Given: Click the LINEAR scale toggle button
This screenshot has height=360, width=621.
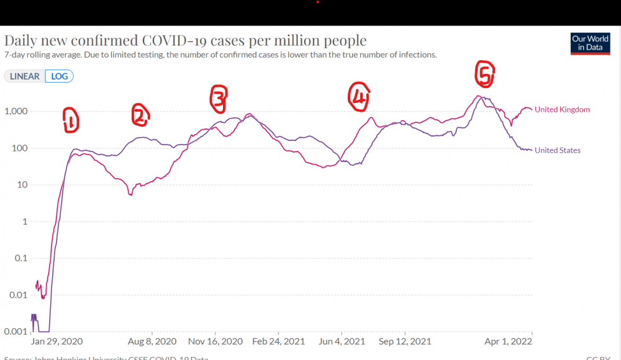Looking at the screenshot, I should [25, 76].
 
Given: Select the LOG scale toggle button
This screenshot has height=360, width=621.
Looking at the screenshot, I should [59, 76].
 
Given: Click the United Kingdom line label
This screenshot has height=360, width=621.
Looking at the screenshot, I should [561, 110].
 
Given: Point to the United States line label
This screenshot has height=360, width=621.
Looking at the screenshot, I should [557, 150].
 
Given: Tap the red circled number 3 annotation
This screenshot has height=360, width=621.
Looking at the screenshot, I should [218, 99].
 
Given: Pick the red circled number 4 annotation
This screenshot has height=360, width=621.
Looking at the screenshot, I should [358, 97].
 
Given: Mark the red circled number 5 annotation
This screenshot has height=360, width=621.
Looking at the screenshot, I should [484, 74].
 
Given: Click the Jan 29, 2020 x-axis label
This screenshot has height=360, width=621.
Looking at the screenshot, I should [57, 342].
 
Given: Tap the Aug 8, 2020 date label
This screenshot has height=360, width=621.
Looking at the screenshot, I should [152, 342].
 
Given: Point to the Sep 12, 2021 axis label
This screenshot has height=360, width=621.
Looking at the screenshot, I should [404, 342].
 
